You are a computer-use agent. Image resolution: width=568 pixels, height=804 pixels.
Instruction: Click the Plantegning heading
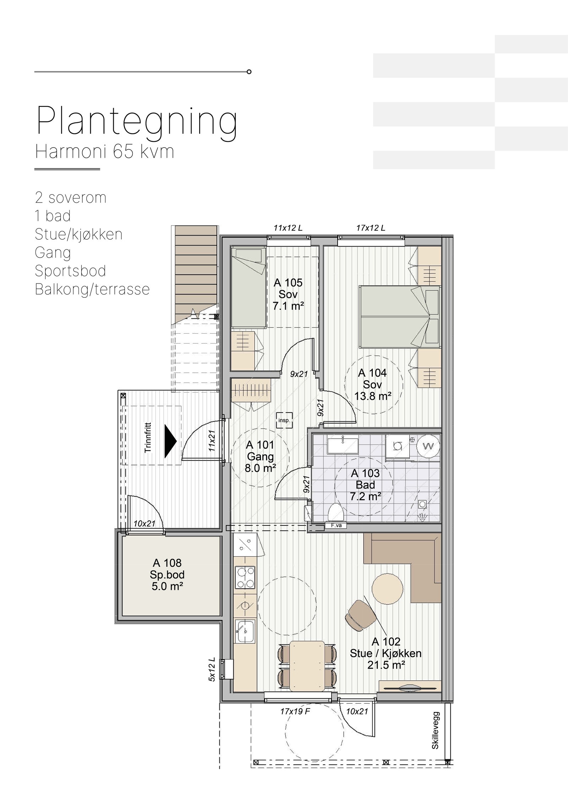[x=137, y=123]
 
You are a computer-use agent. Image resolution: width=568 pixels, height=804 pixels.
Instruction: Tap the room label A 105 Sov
[x=288, y=288]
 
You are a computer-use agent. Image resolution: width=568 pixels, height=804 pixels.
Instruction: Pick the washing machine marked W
[x=428, y=446]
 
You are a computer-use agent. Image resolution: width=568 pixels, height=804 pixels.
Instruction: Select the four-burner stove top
[x=245, y=577]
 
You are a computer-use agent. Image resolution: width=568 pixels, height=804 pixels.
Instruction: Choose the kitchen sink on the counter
[x=245, y=631]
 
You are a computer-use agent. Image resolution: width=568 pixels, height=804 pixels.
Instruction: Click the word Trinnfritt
[x=148, y=437]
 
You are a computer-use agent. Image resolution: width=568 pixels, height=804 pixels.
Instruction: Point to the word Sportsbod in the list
[x=70, y=271]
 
